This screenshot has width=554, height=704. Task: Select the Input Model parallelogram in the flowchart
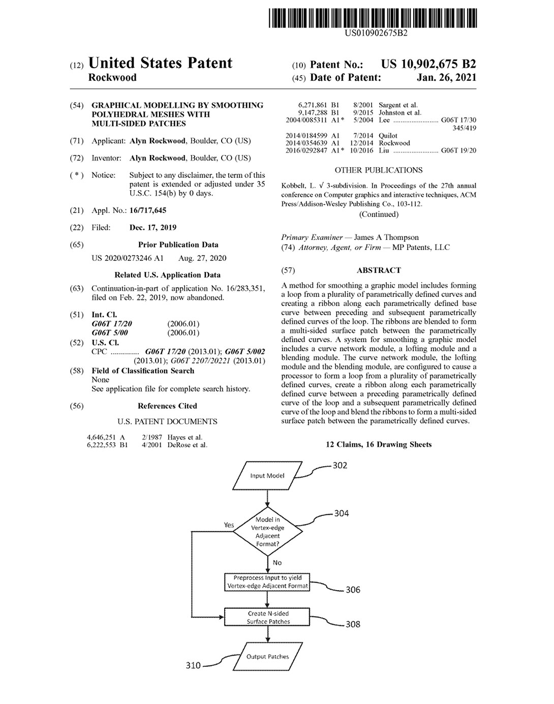point(267,476)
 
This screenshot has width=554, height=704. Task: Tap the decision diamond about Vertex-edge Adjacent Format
point(267,532)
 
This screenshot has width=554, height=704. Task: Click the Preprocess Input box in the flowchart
point(267,582)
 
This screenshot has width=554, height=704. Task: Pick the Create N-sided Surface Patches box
point(268,617)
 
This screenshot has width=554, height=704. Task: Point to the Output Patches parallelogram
point(267,656)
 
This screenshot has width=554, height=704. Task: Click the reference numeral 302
point(340,466)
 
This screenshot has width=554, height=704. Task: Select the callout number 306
point(353,590)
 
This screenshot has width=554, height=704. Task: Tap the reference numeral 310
point(193,665)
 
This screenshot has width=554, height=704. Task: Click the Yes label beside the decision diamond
point(229,525)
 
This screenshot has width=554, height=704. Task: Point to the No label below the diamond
point(277,563)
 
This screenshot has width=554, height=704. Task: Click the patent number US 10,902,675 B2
point(428,64)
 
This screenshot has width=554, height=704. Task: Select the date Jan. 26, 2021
point(446,77)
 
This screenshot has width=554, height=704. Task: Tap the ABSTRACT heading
point(379,270)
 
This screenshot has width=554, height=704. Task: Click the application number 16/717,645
point(148,210)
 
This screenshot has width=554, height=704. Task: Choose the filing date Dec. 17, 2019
point(153,228)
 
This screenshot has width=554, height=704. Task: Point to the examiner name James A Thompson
point(386,237)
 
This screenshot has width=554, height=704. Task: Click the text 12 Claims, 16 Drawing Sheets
point(379,445)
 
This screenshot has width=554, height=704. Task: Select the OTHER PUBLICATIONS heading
point(379,170)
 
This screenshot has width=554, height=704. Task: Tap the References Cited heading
point(167,406)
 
